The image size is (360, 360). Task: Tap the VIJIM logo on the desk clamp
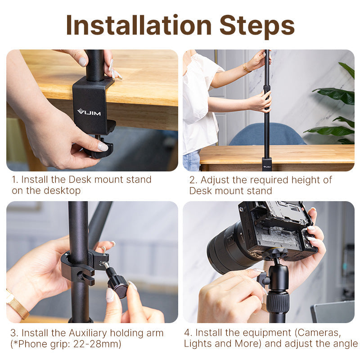point(89,112)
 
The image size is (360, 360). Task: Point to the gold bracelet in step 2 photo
point(246,68)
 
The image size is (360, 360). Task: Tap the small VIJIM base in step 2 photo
point(267,164)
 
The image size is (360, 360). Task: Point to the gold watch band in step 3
point(17,306)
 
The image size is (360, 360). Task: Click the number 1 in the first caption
point(14,180)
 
